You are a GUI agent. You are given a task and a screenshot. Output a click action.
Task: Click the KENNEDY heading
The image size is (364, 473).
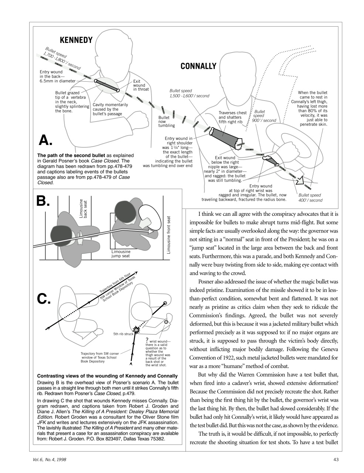76,40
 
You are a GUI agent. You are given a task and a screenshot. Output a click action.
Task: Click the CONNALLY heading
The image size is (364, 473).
198,66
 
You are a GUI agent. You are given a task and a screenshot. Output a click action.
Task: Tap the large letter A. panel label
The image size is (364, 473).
46,140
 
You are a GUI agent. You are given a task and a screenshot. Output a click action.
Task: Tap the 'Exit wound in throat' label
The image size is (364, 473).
141,85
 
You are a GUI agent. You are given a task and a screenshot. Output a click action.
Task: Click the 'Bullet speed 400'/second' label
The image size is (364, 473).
310,198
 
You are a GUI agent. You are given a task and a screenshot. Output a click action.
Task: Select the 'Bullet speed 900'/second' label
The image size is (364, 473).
263,116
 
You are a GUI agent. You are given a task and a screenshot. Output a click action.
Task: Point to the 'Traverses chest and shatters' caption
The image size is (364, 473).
232,117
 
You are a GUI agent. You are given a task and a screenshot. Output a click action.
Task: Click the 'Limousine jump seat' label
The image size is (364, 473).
121,253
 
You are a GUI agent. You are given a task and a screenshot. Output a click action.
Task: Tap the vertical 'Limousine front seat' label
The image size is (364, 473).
169,235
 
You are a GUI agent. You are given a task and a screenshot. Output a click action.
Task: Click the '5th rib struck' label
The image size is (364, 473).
123,334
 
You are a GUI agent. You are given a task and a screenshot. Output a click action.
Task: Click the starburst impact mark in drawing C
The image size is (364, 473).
137,329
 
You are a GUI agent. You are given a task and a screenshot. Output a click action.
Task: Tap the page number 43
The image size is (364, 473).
336,459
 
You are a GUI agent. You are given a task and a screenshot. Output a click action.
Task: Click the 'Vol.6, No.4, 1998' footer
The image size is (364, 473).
50,459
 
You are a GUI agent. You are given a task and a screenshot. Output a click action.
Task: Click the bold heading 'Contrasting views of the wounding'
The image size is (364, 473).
108,376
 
